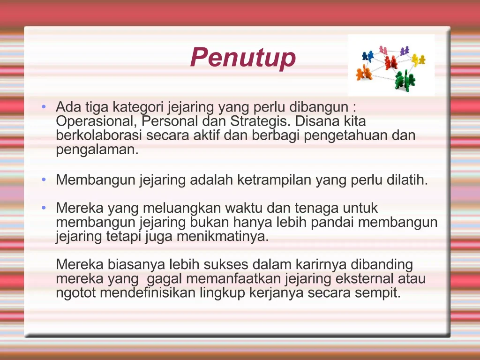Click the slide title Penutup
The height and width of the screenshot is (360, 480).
pyautogui.click(x=243, y=58)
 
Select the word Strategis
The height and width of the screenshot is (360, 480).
pyautogui.click(x=260, y=121)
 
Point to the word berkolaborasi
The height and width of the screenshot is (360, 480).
pyautogui.click(x=99, y=136)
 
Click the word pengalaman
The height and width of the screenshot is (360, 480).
pyautogui.click(x=96, y=150)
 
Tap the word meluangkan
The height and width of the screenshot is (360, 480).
pyautogui.click(x=182, y=208)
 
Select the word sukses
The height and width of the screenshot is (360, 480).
pyautogui.click(x=223, y=265)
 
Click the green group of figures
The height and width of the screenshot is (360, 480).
pyautogui.click(x=404, y=80)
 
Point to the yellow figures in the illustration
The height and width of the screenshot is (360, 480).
pyautogui.click(x=418, y=60)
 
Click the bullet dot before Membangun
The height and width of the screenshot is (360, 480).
pyautogui.click(x=44, y=180)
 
